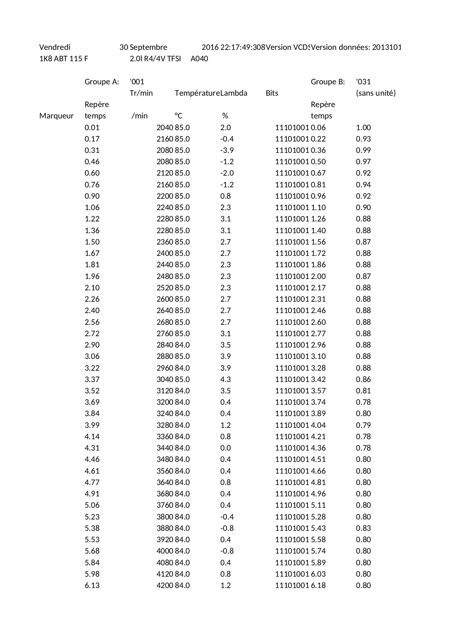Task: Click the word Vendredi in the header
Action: pos(55,47)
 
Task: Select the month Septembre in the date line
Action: pos(148,47)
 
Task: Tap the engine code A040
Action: pos(199,59)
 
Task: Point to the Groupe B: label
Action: pos(328,82)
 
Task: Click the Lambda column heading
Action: pos(234,93)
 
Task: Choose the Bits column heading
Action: pos(272,93)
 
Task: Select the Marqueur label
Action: pos(56,116)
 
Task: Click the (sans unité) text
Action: pos(376,93)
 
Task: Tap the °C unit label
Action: pos(179,116)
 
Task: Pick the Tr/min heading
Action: pos(141,93)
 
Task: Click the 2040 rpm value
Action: pos(165,128)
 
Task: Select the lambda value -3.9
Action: pos(227,150)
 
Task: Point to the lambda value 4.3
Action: pos(225,379)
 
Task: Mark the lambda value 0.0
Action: pos(225,448)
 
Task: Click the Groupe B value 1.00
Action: pos(363,128)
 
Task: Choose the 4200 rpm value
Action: pos(165,585)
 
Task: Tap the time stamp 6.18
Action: pos(318,585)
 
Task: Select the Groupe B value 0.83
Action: pos(363,528)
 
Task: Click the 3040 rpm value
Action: pos(165,379)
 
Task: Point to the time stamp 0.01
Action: pos(92,128)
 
